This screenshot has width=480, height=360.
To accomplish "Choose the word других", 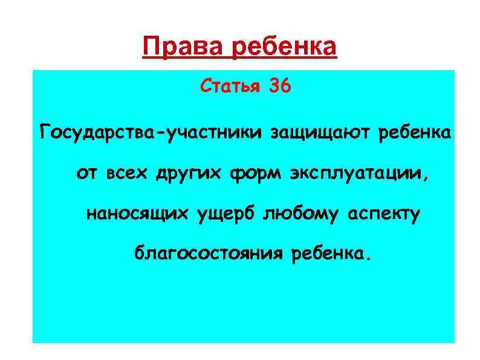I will coord(190,174).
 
